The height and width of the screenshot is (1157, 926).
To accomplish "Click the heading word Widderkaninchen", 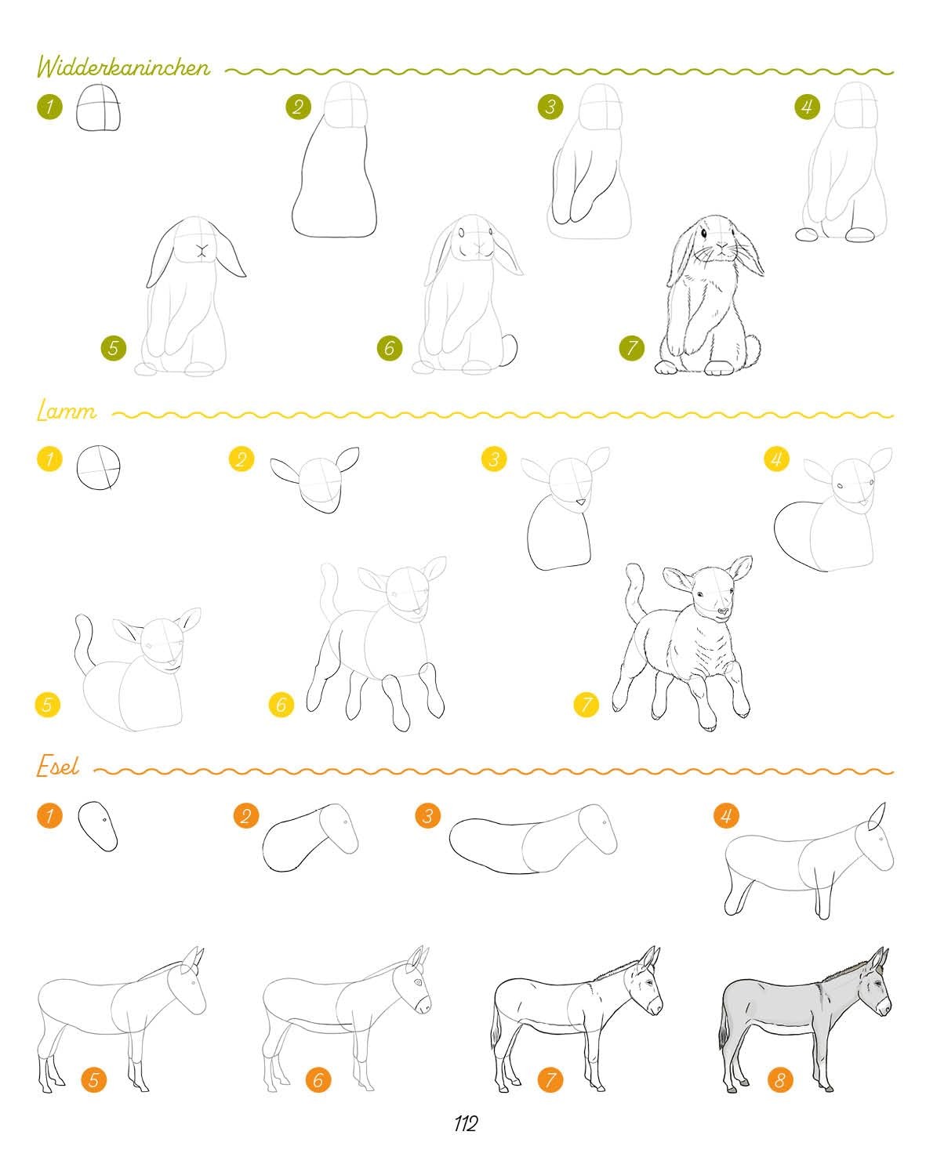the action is point(123,67).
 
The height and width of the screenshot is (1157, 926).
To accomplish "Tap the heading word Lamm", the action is point(67,412).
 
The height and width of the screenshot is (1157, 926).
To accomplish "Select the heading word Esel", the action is point(58,766).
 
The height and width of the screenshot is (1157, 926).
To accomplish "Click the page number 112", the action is point(466,1123).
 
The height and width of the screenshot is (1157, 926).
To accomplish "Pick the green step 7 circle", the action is point(631,348).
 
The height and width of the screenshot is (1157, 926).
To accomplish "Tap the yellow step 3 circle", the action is point(494,459).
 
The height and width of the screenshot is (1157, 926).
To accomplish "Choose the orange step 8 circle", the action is point(780,1079).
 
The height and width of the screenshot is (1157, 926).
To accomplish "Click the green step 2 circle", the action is point(299,107).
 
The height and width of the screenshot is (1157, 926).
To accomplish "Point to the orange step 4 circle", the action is point(726,815).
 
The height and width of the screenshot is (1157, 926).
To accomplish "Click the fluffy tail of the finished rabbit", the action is point(752,348).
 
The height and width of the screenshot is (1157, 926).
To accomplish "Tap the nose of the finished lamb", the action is point(723,611).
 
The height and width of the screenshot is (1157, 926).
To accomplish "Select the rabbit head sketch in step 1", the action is point(99,107).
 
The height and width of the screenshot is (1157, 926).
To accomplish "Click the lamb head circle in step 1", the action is point(99,466).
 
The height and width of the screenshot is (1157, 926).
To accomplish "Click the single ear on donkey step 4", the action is point(877,817).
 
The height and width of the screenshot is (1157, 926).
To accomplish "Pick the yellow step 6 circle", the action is point(281,704).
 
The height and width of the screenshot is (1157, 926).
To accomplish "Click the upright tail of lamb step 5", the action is point(83,643).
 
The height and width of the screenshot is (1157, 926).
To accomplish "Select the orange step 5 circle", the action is point(93,1079).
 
